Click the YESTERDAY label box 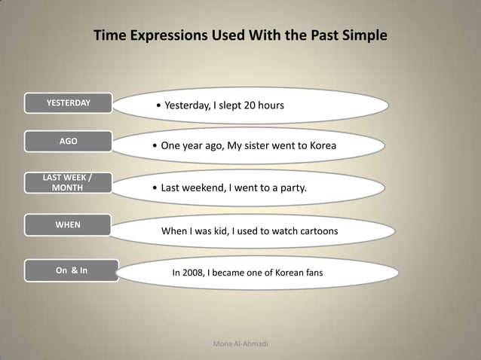pos(68,103)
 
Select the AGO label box pos(68,142)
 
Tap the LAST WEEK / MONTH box pos(68,183)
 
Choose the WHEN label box pos(68,224)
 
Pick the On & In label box pos(71,270)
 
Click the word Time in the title pos(109,35)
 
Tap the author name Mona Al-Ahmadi pos(240,344)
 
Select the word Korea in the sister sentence pos(320,145)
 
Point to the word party pos(292,188)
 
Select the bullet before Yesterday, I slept pos(158,106)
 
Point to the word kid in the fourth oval pos(219,230)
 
